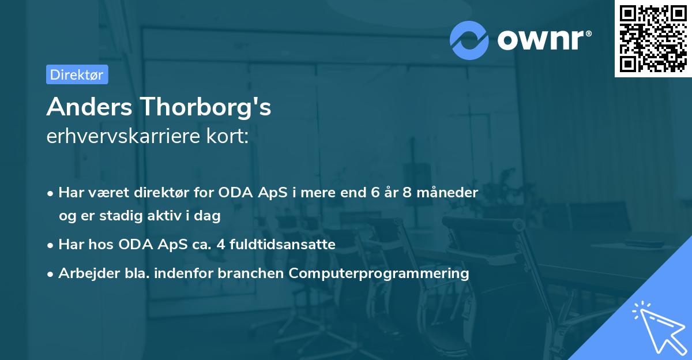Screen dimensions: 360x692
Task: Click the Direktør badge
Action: coord(77,74)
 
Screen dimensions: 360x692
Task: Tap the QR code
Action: coord(652,39)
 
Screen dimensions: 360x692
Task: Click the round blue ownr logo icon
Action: coord(469,40)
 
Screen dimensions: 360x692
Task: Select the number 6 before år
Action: coord(377,193)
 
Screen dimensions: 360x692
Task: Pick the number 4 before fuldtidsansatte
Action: coord(220,245)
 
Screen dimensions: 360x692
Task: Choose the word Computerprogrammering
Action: coord(379,273)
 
